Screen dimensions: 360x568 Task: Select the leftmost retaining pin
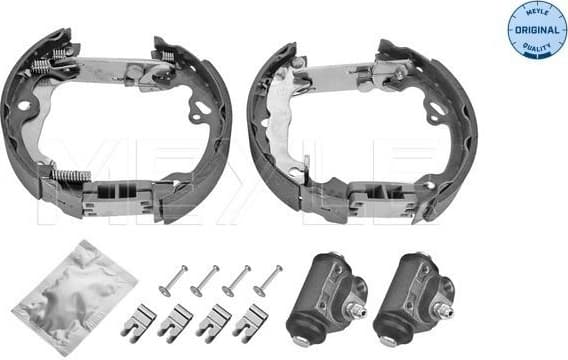click(x=175, y=281)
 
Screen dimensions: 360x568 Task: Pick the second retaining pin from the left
click(x=205, y=280)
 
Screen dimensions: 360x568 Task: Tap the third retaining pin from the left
click(x=236, y=280)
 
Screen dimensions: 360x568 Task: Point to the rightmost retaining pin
click(x=267, y=280)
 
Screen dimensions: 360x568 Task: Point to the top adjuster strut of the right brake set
click(x=350, y=71)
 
